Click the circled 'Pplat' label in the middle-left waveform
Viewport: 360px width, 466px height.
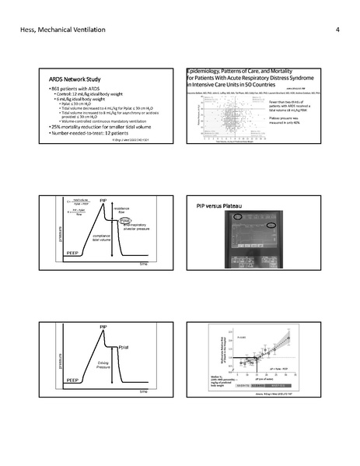[125, 221]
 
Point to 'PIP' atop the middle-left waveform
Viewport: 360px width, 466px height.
[103, 201]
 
